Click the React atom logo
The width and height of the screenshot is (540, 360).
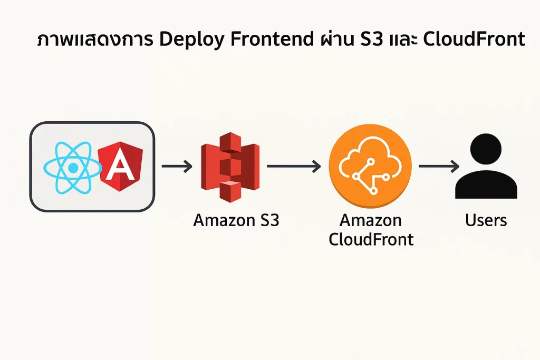pyautogui.click(x=73, y=167)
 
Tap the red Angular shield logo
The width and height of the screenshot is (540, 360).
pyautogui.click(x=120, y=167)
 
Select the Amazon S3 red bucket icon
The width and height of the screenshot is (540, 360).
pyautogui.click(x=230, y=166)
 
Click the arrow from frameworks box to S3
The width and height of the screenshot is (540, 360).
pyautogui.click(x=177, y=167)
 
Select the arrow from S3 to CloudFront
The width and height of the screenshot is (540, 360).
pyautogui.click(x=294, y=167)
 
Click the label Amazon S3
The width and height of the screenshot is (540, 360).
pyautogui.click(x=236, y=220)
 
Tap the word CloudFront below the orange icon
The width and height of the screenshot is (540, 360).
pyautogui.click(x=371, y=239)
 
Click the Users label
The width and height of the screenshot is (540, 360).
pyautogui.click(x=486, y=220)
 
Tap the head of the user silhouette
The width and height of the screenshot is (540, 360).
pyautogui.click(x=486, y=150)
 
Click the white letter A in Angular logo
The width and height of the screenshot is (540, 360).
pyautogui.click(x=120, y=168)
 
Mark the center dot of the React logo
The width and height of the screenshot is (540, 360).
pyautogui.click(x=73, y=168)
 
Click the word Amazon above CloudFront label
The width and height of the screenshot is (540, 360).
pyautogui.click(x=371, y=220)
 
